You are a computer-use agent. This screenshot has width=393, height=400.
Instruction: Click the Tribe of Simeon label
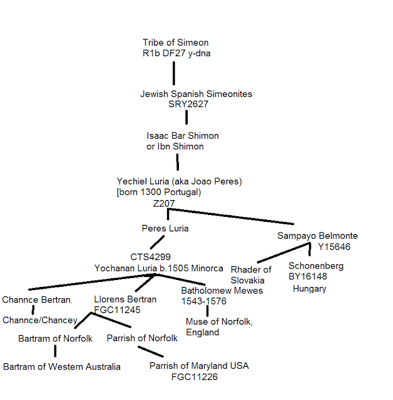pos(171,43)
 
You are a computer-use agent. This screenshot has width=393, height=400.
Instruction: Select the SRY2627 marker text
pos(188,104)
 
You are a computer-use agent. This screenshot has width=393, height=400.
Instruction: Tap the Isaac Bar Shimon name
pos(182,136)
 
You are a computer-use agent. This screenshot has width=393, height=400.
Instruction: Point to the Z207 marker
pos(163,204)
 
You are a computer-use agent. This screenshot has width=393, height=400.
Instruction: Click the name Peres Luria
pos(165,228)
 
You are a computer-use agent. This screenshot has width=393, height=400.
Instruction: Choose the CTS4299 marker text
pos(151,257)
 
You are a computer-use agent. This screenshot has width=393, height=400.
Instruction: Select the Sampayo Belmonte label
pos(317,236)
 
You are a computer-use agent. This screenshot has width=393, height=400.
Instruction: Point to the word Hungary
pos(309,289)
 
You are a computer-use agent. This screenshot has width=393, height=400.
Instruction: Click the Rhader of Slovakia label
pos(251,274)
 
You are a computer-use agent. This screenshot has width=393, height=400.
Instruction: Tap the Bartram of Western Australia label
pos(62,366)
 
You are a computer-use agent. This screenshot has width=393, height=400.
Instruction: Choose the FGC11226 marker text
pos(195,377)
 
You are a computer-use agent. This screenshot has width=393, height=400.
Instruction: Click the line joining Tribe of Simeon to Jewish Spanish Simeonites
pos(173,73)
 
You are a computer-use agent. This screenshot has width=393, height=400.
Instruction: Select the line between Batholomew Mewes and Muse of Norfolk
pos(207,311)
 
